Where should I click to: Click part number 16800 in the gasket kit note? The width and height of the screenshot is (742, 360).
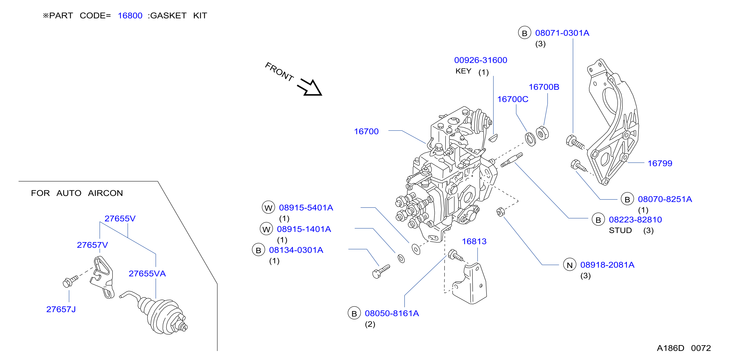[130, 16]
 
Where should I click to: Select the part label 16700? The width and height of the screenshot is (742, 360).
[366, 131]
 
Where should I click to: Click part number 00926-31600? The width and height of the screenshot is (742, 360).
[480, 60]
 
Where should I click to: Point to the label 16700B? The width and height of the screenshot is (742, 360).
[544, 87]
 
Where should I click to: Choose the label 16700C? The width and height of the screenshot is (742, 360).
[513, 99]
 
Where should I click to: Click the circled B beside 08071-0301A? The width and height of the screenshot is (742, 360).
[525, 33]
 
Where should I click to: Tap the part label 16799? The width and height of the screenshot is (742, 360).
[660, 164]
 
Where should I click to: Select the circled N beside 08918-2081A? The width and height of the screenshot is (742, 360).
[570, 265]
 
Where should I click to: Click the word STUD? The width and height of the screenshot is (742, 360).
[620, 231]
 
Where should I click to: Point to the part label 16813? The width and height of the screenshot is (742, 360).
[474, 242]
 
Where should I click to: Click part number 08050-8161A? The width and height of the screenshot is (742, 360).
[392, 314]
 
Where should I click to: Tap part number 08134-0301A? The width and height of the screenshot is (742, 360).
[296, 250]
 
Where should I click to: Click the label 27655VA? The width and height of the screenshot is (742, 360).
[147, 274]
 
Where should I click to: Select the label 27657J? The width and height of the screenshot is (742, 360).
[61, 310]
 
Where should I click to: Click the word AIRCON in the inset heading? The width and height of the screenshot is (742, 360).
[105, 193]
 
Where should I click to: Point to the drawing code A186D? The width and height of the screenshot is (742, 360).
[670, 348]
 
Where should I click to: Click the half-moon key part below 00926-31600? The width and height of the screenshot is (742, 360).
[493, 138]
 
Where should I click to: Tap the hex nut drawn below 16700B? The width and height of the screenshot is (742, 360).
[542, 133]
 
